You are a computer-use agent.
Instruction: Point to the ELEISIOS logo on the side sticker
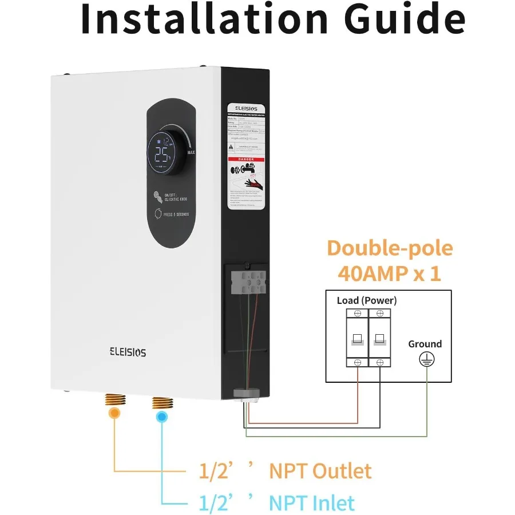[243, 108]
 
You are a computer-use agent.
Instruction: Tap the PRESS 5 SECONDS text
[176, 214]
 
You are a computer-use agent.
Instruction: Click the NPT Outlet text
[320, 471]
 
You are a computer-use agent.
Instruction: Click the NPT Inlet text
[312, 502]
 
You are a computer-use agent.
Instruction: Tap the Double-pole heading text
[390, 248]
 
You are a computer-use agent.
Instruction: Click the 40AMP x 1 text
[390, 273]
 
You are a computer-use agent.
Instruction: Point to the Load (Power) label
[367, 300]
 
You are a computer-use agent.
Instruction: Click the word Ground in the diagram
[425, 344]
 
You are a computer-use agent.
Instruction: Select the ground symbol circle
[426, 359]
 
